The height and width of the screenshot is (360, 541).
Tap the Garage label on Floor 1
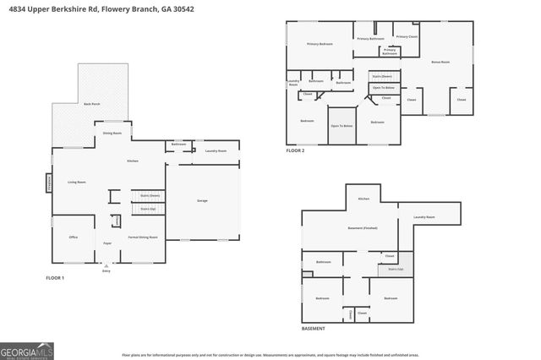(202, 201)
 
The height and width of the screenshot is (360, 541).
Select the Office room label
(74, 237)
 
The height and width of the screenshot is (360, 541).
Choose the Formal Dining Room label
(143, 237)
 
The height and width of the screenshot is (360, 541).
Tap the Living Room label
(77, 182)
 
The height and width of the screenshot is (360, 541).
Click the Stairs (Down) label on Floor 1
(138, 195)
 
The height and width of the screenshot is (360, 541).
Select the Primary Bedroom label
(319, 43)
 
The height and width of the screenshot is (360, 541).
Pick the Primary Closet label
(407, 36)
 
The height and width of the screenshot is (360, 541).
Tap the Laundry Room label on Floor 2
(293, 84)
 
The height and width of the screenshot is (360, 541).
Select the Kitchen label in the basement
(363, 199)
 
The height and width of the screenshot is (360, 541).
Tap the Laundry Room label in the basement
(424, 218)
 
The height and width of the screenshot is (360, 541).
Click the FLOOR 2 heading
(295, 150)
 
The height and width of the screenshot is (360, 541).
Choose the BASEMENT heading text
(314, 327)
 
